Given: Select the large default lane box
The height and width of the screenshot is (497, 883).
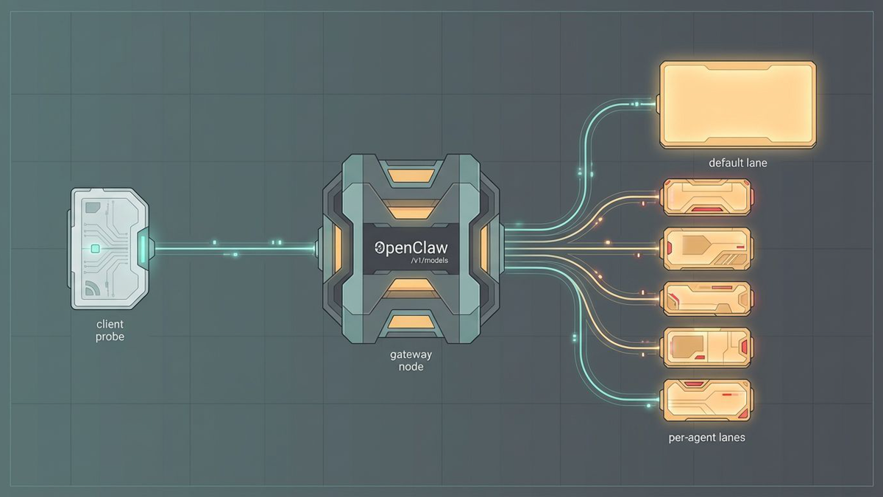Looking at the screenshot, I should (x=737, y=105).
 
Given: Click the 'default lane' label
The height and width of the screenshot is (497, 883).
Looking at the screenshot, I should (x=737, y=163).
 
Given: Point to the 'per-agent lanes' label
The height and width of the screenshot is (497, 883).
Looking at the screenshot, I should (x=707, y=437).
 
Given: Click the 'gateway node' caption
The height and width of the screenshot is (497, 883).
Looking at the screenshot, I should (x=411, y=360).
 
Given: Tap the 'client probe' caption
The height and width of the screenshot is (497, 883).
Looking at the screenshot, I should (x=110, y=330).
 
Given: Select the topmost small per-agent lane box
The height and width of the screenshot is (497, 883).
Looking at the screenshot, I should (x=706, y=197).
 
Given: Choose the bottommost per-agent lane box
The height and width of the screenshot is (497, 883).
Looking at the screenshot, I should (x=706, y=400).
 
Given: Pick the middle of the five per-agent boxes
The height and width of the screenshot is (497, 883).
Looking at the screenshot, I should (x=706, y=298).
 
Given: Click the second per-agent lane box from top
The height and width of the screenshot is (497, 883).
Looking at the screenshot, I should (x=706, y=248).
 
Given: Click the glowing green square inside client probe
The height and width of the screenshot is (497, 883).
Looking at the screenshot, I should (x=95, y=250).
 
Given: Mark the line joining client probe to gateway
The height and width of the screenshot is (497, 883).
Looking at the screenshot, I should (x=235, y=249).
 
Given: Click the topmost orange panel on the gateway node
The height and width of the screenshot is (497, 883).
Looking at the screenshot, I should (x=411, y=175).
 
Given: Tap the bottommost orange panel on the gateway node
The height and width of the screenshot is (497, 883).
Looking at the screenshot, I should (x=411, y=322).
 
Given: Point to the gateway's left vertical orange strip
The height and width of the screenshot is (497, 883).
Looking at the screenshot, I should (x=338, y=248).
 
